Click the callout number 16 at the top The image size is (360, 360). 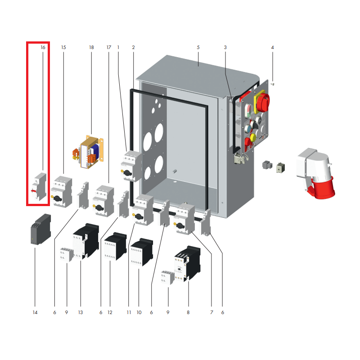click(43, 47)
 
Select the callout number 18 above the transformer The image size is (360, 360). click(91, 47)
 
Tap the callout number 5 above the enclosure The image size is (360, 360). click(198, 47)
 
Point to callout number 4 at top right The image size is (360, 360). click(272, 47)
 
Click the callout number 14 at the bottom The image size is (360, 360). click(35, 312)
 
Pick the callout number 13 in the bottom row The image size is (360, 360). click(81, 312)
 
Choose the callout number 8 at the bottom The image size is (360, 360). click(188, 312)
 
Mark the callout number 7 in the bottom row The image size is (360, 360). click(211, 312)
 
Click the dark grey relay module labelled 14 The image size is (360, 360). click(40, 229)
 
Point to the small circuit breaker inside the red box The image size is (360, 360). click(40, 187)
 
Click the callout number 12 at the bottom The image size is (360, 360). click(109, 312)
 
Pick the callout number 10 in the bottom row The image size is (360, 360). click(139, 312)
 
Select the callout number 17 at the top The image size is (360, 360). click(108, 47)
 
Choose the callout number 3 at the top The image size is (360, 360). click(225, 47)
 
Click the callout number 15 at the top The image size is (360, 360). click(63, 47)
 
